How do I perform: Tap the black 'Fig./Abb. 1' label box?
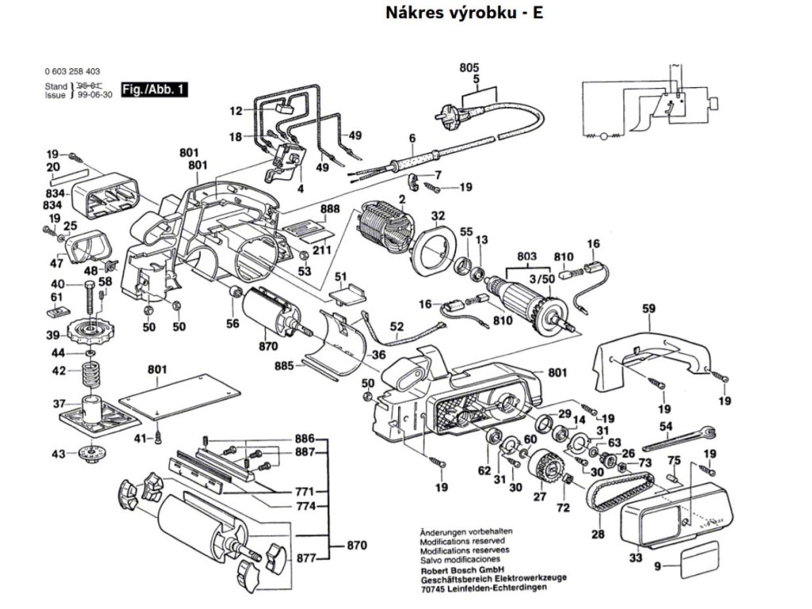[x=154, y=90]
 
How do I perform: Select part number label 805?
[x=469, y=67]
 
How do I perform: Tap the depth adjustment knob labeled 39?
[x=90, y=327]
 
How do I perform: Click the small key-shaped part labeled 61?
[x=57, y=312]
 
